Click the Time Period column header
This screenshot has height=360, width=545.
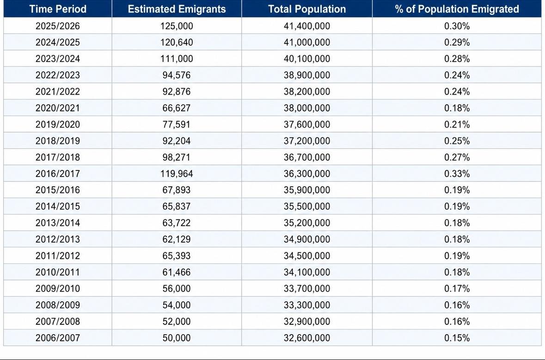click(x=58, y=9)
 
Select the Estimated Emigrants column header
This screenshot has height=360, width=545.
click(x=177, y=9)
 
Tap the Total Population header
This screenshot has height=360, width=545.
click(x=307, y=9)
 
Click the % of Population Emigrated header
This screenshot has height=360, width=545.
click(x=457, y=9)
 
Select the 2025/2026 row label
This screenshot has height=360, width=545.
click(x=58, y=26)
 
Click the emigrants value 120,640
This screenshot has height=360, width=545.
click(x=177, y=43)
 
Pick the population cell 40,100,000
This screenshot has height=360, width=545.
click(x=307, y=59)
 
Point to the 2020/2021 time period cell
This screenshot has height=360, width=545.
click(x=58, y=108)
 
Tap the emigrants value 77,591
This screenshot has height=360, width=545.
click(x=177, y=124)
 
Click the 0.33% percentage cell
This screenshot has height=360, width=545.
click(x=457, y=174)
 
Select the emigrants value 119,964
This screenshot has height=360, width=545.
click(x=177, y=174)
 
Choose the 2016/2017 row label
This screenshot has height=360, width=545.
click(x=58, y=174)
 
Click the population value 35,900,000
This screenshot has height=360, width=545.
click(x=307, y=190)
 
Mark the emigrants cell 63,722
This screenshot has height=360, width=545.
click(x=177, y=223)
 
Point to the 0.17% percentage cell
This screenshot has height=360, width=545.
click(x=457, y=288)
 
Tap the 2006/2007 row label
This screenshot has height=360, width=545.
click(x=58, y=338)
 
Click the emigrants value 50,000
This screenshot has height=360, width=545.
click(x=177, y=338)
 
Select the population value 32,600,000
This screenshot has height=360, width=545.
click(x=307, y=338)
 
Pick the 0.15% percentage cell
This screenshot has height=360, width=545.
click(x=457, y=338)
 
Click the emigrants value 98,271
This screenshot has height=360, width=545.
click(x=177, y=158)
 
